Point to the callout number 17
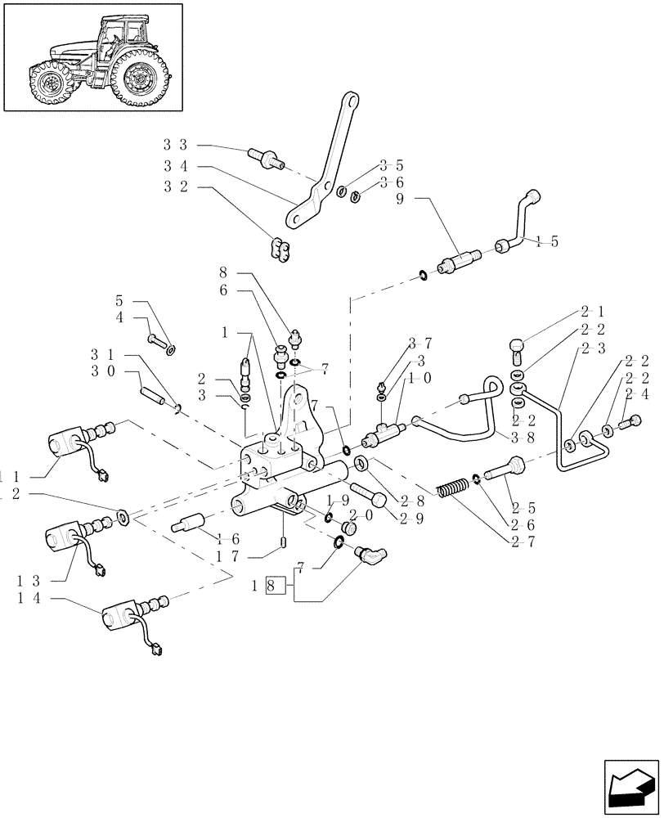click(x=228, y=556)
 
